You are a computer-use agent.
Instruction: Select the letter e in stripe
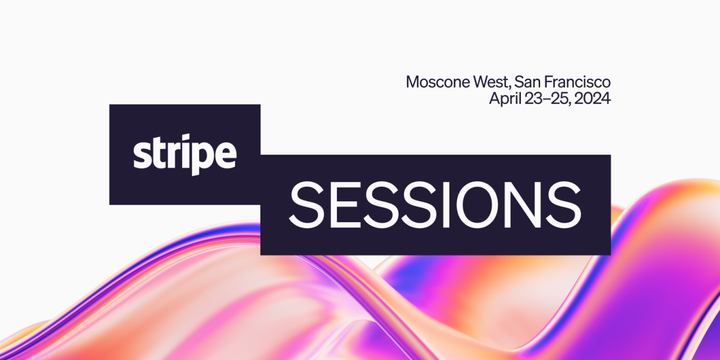tap(226, 155)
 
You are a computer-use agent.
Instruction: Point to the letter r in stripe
tap(173, 156)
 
